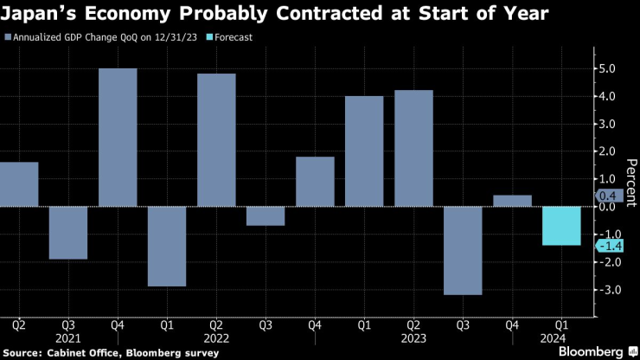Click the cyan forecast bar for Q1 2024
pyautogui.click(x=561, y=226)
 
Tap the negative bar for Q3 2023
pyautogui.click(x=463, y=250)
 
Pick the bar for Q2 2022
pyautogui.click(x=216, y=139)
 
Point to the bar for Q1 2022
pyautogui.click(x=167, y=246)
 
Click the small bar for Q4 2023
pyautogui.click(x=512, y=201)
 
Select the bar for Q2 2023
pyautogui.click(x=413, y=148)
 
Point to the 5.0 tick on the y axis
pyautogui.click(x=607, y=68)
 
